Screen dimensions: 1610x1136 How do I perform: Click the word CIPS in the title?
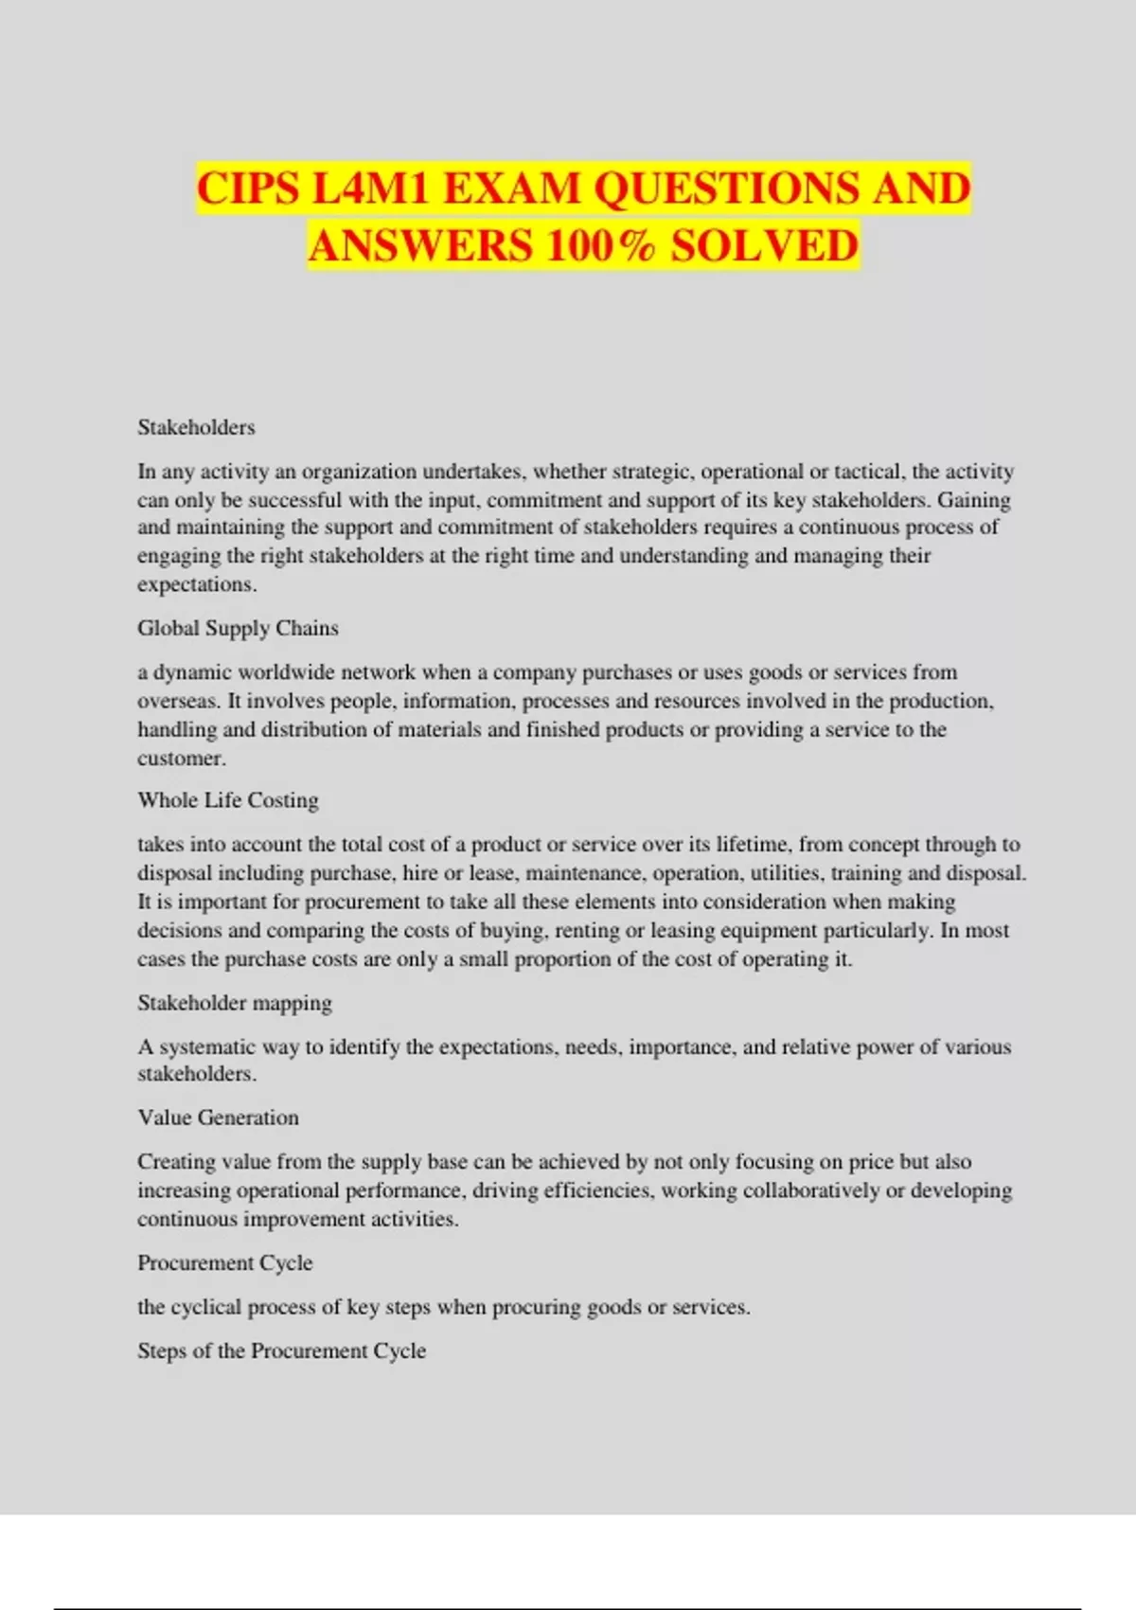(x=248, y=188)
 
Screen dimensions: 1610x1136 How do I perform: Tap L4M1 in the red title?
(x=370, y=188)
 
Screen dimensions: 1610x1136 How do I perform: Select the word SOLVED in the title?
(x=765, y=246)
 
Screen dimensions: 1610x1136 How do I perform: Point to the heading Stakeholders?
(x=196, y=427)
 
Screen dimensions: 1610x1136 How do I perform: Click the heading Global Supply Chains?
(x=238, y=628)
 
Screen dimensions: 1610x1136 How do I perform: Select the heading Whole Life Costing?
(x=228, y=800)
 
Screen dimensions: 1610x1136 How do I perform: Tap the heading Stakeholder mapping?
(x=235, y=1003)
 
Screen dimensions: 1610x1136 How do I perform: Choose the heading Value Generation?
(x=218, y=1118)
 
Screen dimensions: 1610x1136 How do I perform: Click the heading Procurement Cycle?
(x=224, y=1262)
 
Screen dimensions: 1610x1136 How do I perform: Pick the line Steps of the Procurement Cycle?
(x=281, y=1351)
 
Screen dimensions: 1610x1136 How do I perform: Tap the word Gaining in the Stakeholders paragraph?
(x=974, y=500)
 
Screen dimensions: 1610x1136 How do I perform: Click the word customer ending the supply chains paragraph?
(x=180, y=759)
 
